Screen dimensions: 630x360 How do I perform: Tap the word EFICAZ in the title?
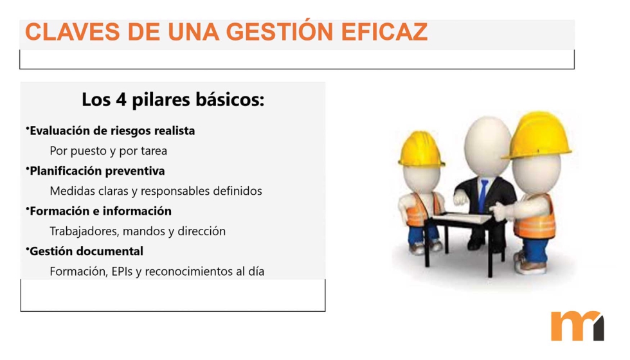coord(384,32)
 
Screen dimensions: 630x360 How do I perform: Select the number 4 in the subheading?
coord(122,100)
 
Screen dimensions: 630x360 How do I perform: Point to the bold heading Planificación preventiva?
coord(97,171)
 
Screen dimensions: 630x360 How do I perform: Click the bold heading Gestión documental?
coord(86,251)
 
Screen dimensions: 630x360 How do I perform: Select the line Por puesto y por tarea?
coord(109,151)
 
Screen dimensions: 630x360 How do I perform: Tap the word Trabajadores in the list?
coord(84,231)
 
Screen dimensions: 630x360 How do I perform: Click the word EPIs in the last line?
coord(122,271)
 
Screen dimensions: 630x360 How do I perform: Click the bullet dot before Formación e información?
coord(27,208)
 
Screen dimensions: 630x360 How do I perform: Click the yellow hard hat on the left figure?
coord(420,148)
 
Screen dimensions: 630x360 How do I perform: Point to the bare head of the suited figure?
coord(487,147)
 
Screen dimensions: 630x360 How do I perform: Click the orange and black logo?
coord(577,326)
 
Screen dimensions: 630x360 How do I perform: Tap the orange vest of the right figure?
coord(536,219)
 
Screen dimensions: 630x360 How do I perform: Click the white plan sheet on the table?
coord(463,218)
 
